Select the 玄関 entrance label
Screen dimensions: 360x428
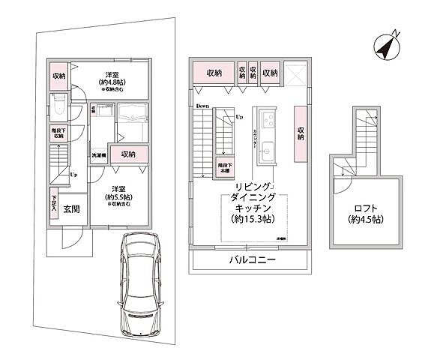pyautogui.click(x=72, y=209)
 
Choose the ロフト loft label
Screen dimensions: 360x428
pyautogui.click(x=365, y=208)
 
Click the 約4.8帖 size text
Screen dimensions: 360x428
pyautogui.click(x=112, y=83)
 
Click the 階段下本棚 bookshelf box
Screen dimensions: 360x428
pyautogui.click(x=223, y=169)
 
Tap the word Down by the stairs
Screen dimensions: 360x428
pyautogui.click(x=202, y=106)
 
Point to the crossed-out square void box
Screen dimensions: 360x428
pyautogui.click(x=295, y=73)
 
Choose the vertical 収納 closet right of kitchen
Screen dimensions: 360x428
pyautogui.click(x=300, y=133)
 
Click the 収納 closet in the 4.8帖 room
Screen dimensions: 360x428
pyautogui.click(x=58, y=76)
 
